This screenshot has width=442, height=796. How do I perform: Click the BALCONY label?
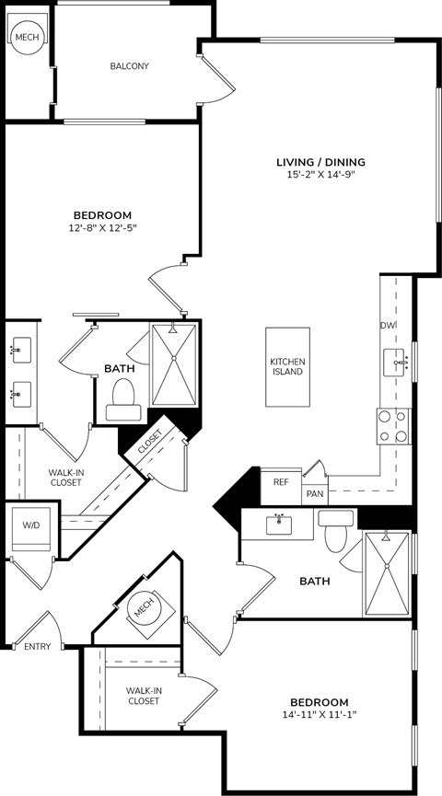coord(129,66)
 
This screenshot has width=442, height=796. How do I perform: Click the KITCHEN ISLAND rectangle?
coord(286,366)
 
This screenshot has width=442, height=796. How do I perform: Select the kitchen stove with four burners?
coord(393,427)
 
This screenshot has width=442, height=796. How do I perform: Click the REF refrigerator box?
coord(281,480)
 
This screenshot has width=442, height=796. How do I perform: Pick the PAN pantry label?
coord(315,494)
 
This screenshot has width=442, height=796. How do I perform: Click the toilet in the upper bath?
coord(122,398)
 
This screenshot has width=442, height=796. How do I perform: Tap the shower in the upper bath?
coord(173,364)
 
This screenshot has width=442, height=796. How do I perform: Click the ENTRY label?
coord(37,647)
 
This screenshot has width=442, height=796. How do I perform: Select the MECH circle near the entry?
coord(142,608)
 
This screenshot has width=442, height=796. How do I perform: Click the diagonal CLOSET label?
coord(150,443)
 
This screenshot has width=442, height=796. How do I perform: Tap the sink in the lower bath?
coord(278,525)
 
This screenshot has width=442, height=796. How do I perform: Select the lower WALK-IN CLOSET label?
coord(143,695)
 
